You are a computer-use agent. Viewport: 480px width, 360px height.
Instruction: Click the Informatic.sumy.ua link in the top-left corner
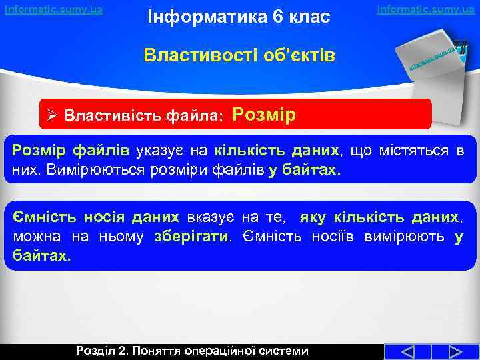pos(54,9)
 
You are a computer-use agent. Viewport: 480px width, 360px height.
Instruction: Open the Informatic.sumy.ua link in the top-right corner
pos(426,9)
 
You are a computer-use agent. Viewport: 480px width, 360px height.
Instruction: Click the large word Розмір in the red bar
pos(264,113)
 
